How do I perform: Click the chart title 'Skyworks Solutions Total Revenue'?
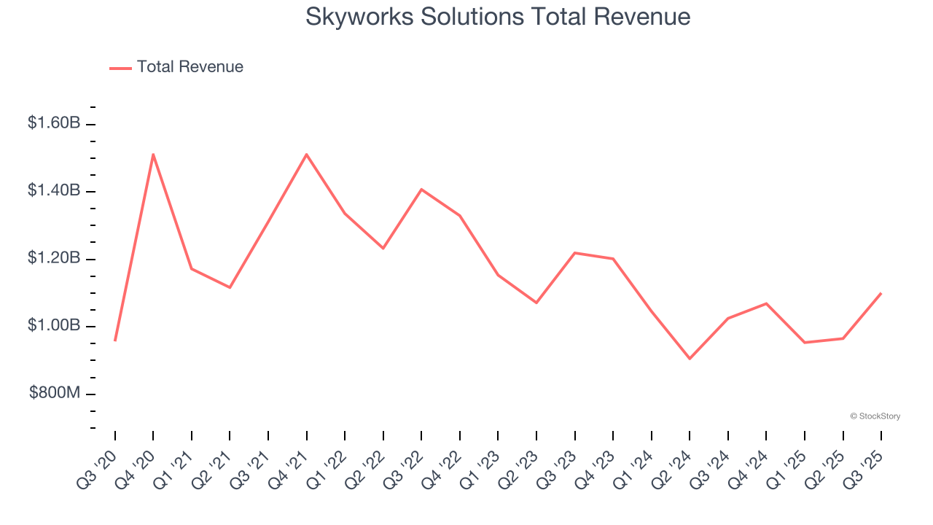tap(498, 17)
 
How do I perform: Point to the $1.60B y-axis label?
tap(54, 123)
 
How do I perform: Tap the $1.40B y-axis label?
tap(54, 191)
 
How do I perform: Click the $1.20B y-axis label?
tap(54, 258)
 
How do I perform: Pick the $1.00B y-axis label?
tap(54, 325)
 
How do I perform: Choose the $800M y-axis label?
tap(55, 393)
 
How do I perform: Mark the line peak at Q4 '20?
tap(153, 154)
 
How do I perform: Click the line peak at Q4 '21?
tap(307, 154)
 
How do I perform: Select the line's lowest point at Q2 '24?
tap(690, 359)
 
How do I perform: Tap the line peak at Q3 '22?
tap(421, 190)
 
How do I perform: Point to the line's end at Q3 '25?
tap(881, 293)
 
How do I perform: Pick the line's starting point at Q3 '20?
tap(115, 341)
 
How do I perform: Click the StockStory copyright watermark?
tap(875, 416)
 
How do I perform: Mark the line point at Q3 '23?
tap(575, 253)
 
